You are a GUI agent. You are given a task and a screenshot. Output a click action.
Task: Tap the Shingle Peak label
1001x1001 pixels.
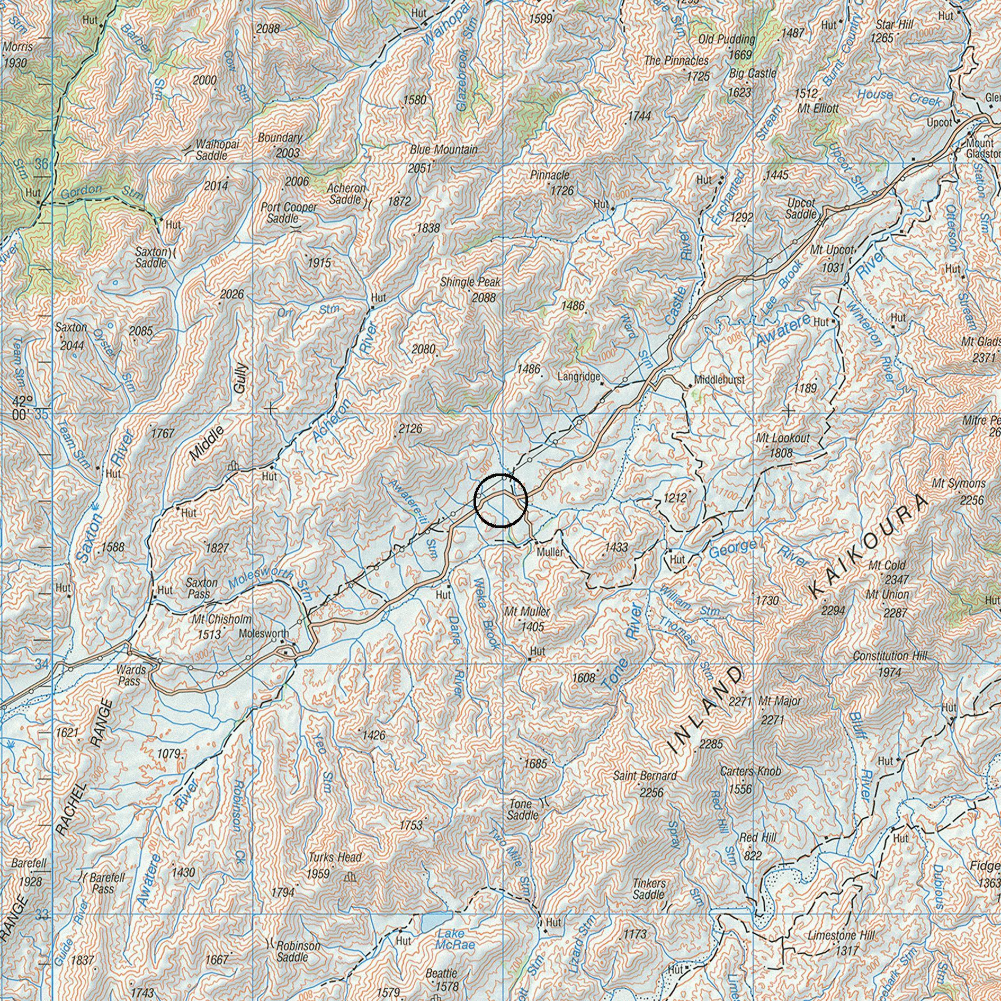click(470, 282)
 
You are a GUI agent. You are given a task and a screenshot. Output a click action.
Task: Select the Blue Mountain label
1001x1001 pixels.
click(443, 150)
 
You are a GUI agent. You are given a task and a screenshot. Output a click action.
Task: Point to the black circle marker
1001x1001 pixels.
click(501, 501)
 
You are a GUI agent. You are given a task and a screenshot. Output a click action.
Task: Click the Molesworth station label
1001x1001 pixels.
click(264, 633)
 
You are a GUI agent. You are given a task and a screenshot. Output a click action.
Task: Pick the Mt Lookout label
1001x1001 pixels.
click(783, 439)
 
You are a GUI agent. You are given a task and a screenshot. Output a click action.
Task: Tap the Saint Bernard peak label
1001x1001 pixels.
click(645, 776)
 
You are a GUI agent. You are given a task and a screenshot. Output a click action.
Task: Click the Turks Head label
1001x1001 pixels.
click(336, 857)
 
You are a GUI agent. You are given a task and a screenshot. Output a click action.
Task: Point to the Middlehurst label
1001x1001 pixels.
click(719, 380)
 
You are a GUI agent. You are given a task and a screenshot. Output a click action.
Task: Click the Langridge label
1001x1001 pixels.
click(579, 377)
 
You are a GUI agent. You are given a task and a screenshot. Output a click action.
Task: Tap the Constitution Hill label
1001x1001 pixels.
click(889, 656)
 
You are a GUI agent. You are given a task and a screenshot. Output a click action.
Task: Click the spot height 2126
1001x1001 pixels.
click(410, 428)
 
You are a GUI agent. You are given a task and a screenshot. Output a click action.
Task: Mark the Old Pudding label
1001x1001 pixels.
click(726, 39)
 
